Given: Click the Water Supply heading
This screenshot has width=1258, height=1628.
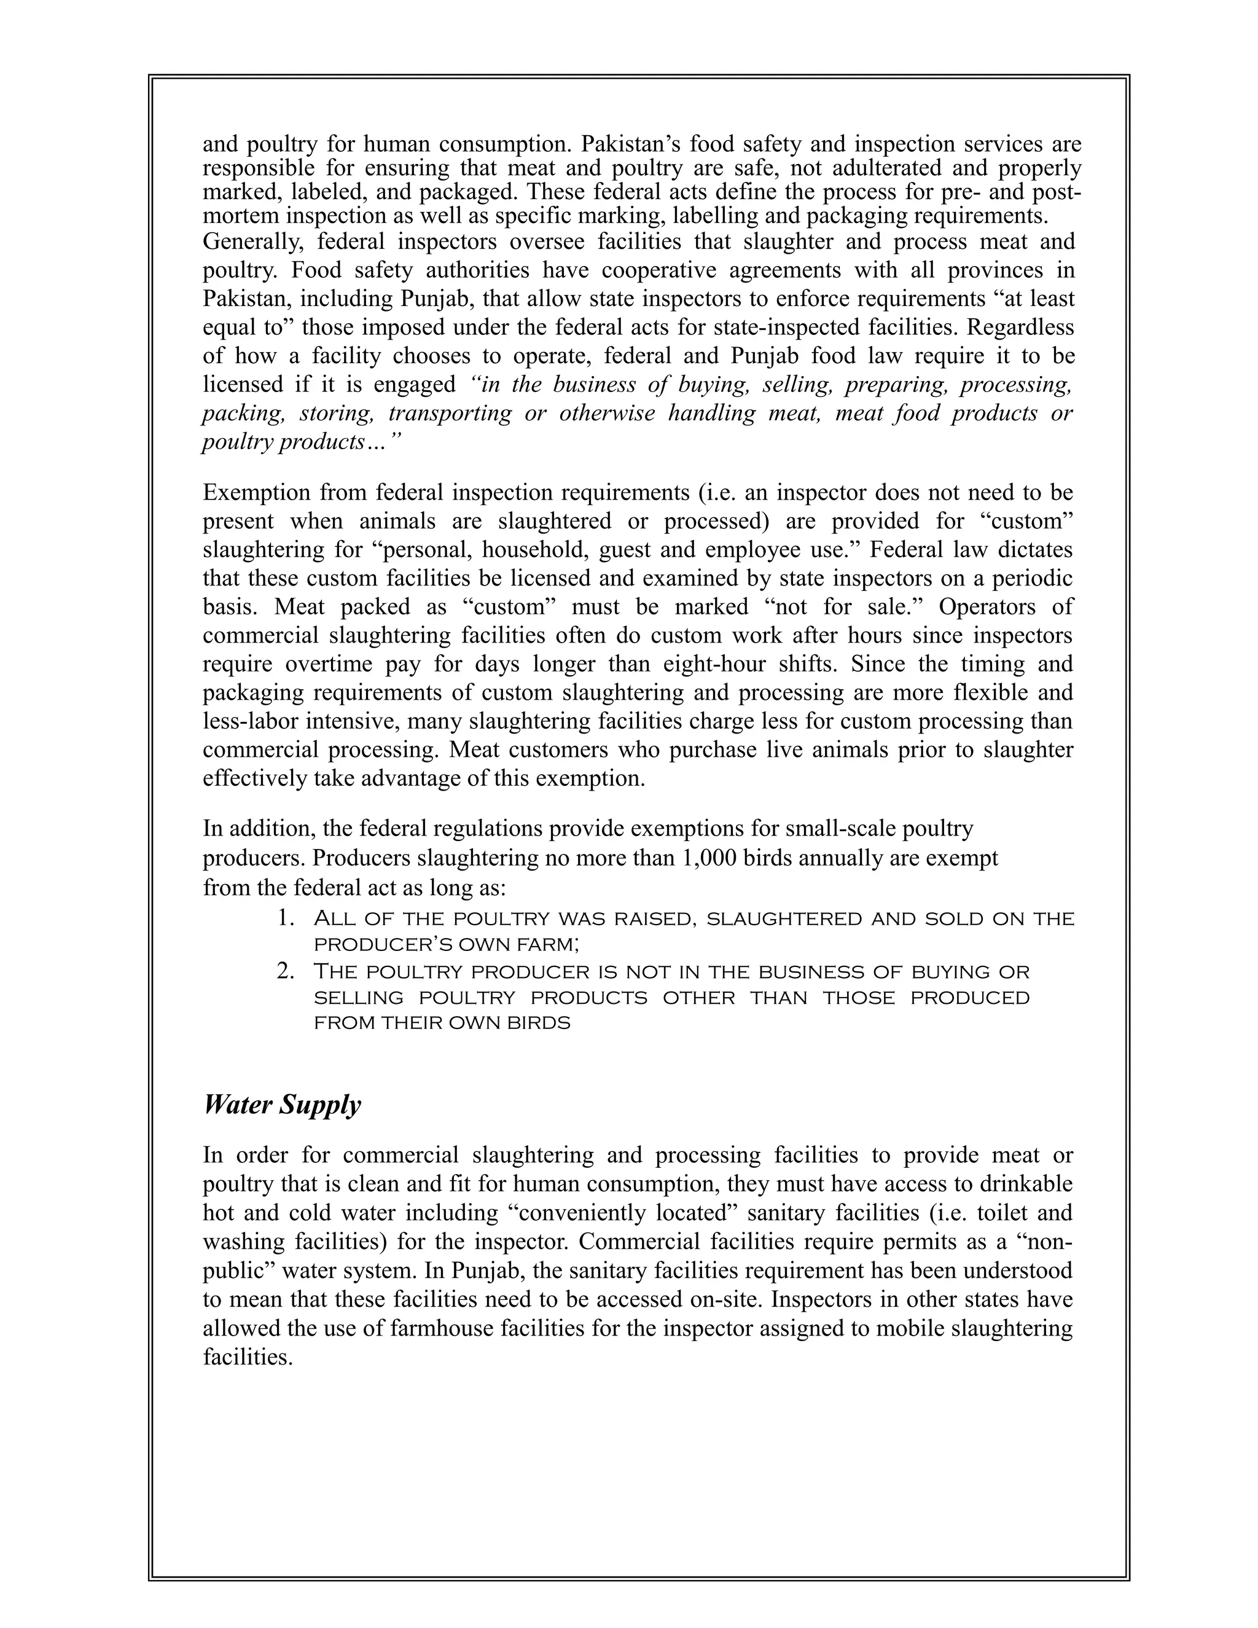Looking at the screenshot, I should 282,1105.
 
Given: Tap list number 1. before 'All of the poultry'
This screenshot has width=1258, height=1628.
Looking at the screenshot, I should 287,918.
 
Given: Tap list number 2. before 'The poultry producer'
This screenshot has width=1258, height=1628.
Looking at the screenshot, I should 287,971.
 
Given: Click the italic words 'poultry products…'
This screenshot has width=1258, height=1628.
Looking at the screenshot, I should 302,442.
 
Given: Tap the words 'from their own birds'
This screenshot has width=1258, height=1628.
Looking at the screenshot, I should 442,1023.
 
